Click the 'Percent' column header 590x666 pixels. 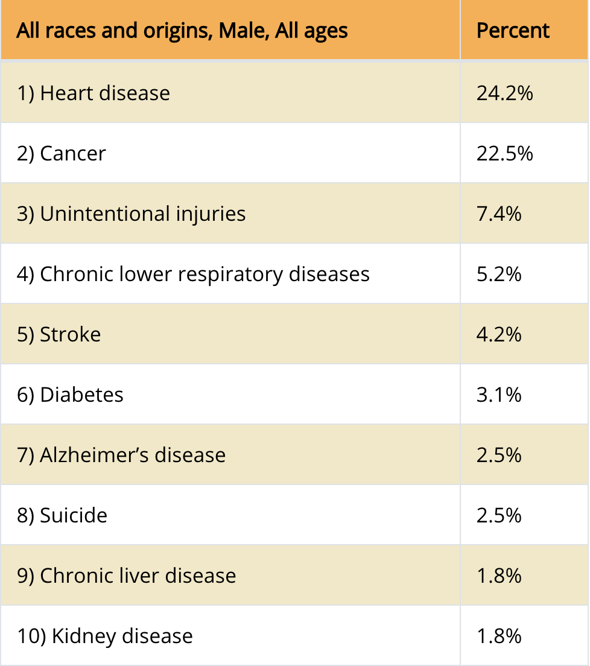click(x=513, y=30)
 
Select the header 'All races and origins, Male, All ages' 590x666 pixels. click(x=182, y=30)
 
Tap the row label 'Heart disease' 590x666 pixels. click(x=104, y=94)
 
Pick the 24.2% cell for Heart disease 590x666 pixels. click(x=504, y=94)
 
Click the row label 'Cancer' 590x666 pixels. click(x=72, y=154)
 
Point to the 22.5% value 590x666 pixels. click(x=504, y=154)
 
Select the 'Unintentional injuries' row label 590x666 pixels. click(x=142, y=214)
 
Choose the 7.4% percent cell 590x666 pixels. click(x=499, y=214)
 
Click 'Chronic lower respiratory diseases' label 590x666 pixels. click(x=205, y=274)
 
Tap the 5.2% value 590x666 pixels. click(x=499, y=274)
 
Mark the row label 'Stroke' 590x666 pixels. click(x=70, y=335)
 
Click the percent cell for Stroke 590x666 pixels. click(x=499, y=335)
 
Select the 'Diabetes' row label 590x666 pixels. click(x=81, y=395)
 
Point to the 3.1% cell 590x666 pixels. click(x=499, y=395)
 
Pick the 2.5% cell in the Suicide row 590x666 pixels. click(x=499, y=516)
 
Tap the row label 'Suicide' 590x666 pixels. click(x=73, y=516)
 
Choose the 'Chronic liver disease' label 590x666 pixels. click(x=138, y=576)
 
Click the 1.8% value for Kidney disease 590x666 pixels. click(x=499, y=636)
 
